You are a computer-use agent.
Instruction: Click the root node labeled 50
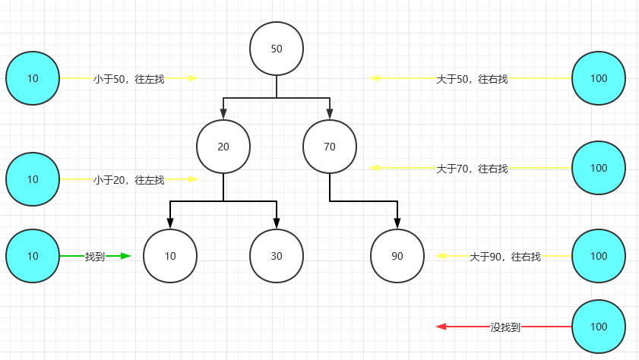pyautogui.click(x=277, y=49)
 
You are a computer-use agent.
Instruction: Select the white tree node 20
pyautogui.click(x=223, y=147)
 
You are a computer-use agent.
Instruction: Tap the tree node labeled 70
pyautogui.click(x=330, y=147)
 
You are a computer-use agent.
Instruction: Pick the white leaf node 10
pyautogui.click(x=170, y=256)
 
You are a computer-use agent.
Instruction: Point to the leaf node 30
pyautogui.click(x=277, y=256)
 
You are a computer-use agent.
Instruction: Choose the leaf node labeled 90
pyautogui.click(x=397, y=256)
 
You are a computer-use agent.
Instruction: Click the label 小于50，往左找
pyautogui.click(x=128, y=78)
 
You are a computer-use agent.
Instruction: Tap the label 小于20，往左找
pyautogui.click(x=128, y=180)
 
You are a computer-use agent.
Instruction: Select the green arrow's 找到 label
pyautogui.click(x=95, y=257)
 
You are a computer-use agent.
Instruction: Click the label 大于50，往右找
pyautogui.click(x=472, y=78)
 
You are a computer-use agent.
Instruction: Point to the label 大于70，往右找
pyautogui.click(x=472, y=169)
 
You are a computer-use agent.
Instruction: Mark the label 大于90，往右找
pyautogui.click(x=505, y=257)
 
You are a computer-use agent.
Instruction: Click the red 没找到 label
pyautogui.click(x=505, y=327)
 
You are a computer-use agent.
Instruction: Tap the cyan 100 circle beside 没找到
pyautogui.click(x=599, y=327)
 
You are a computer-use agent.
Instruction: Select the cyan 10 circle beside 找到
pyautogui.click(x=33, y=256)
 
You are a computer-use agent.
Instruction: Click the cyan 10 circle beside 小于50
pyautogui.click(x=33, y=78)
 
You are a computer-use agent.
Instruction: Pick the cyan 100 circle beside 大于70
pyautogui.click(x=599, y=168)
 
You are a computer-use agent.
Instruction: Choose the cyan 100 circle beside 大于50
pyautogui.click(x=599, y=78)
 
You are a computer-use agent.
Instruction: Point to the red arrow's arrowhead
pyautogui.click(x=441, y=327)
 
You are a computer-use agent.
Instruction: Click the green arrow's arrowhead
pyautogui.click(x=126, y=256)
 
